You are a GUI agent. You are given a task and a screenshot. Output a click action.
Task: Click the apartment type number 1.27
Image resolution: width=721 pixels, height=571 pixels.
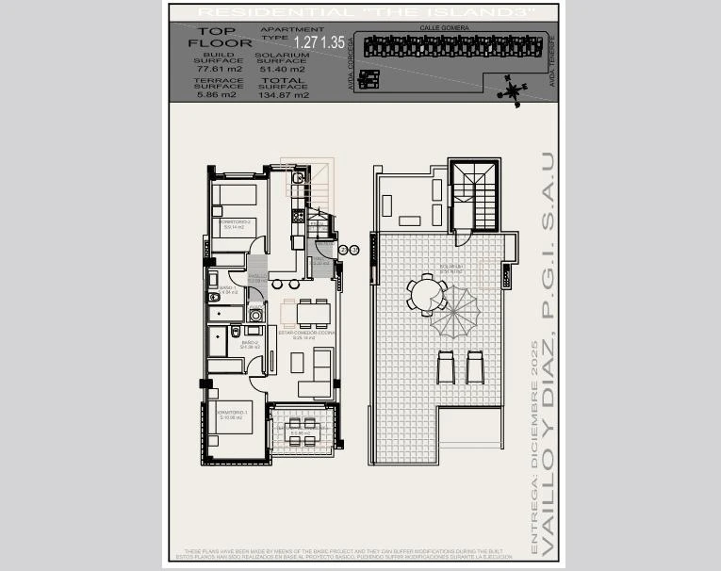coord(305,42)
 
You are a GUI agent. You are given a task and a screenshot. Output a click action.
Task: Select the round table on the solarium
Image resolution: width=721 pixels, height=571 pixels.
coord(427,293)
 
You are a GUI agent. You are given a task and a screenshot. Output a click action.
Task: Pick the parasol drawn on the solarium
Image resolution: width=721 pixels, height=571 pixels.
coord(455,312)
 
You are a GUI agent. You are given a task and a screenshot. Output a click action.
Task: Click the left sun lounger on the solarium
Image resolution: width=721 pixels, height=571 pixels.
coord(447,366)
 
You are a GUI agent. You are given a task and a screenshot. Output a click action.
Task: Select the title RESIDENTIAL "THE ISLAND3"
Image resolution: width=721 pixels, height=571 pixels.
coord(364,11)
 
